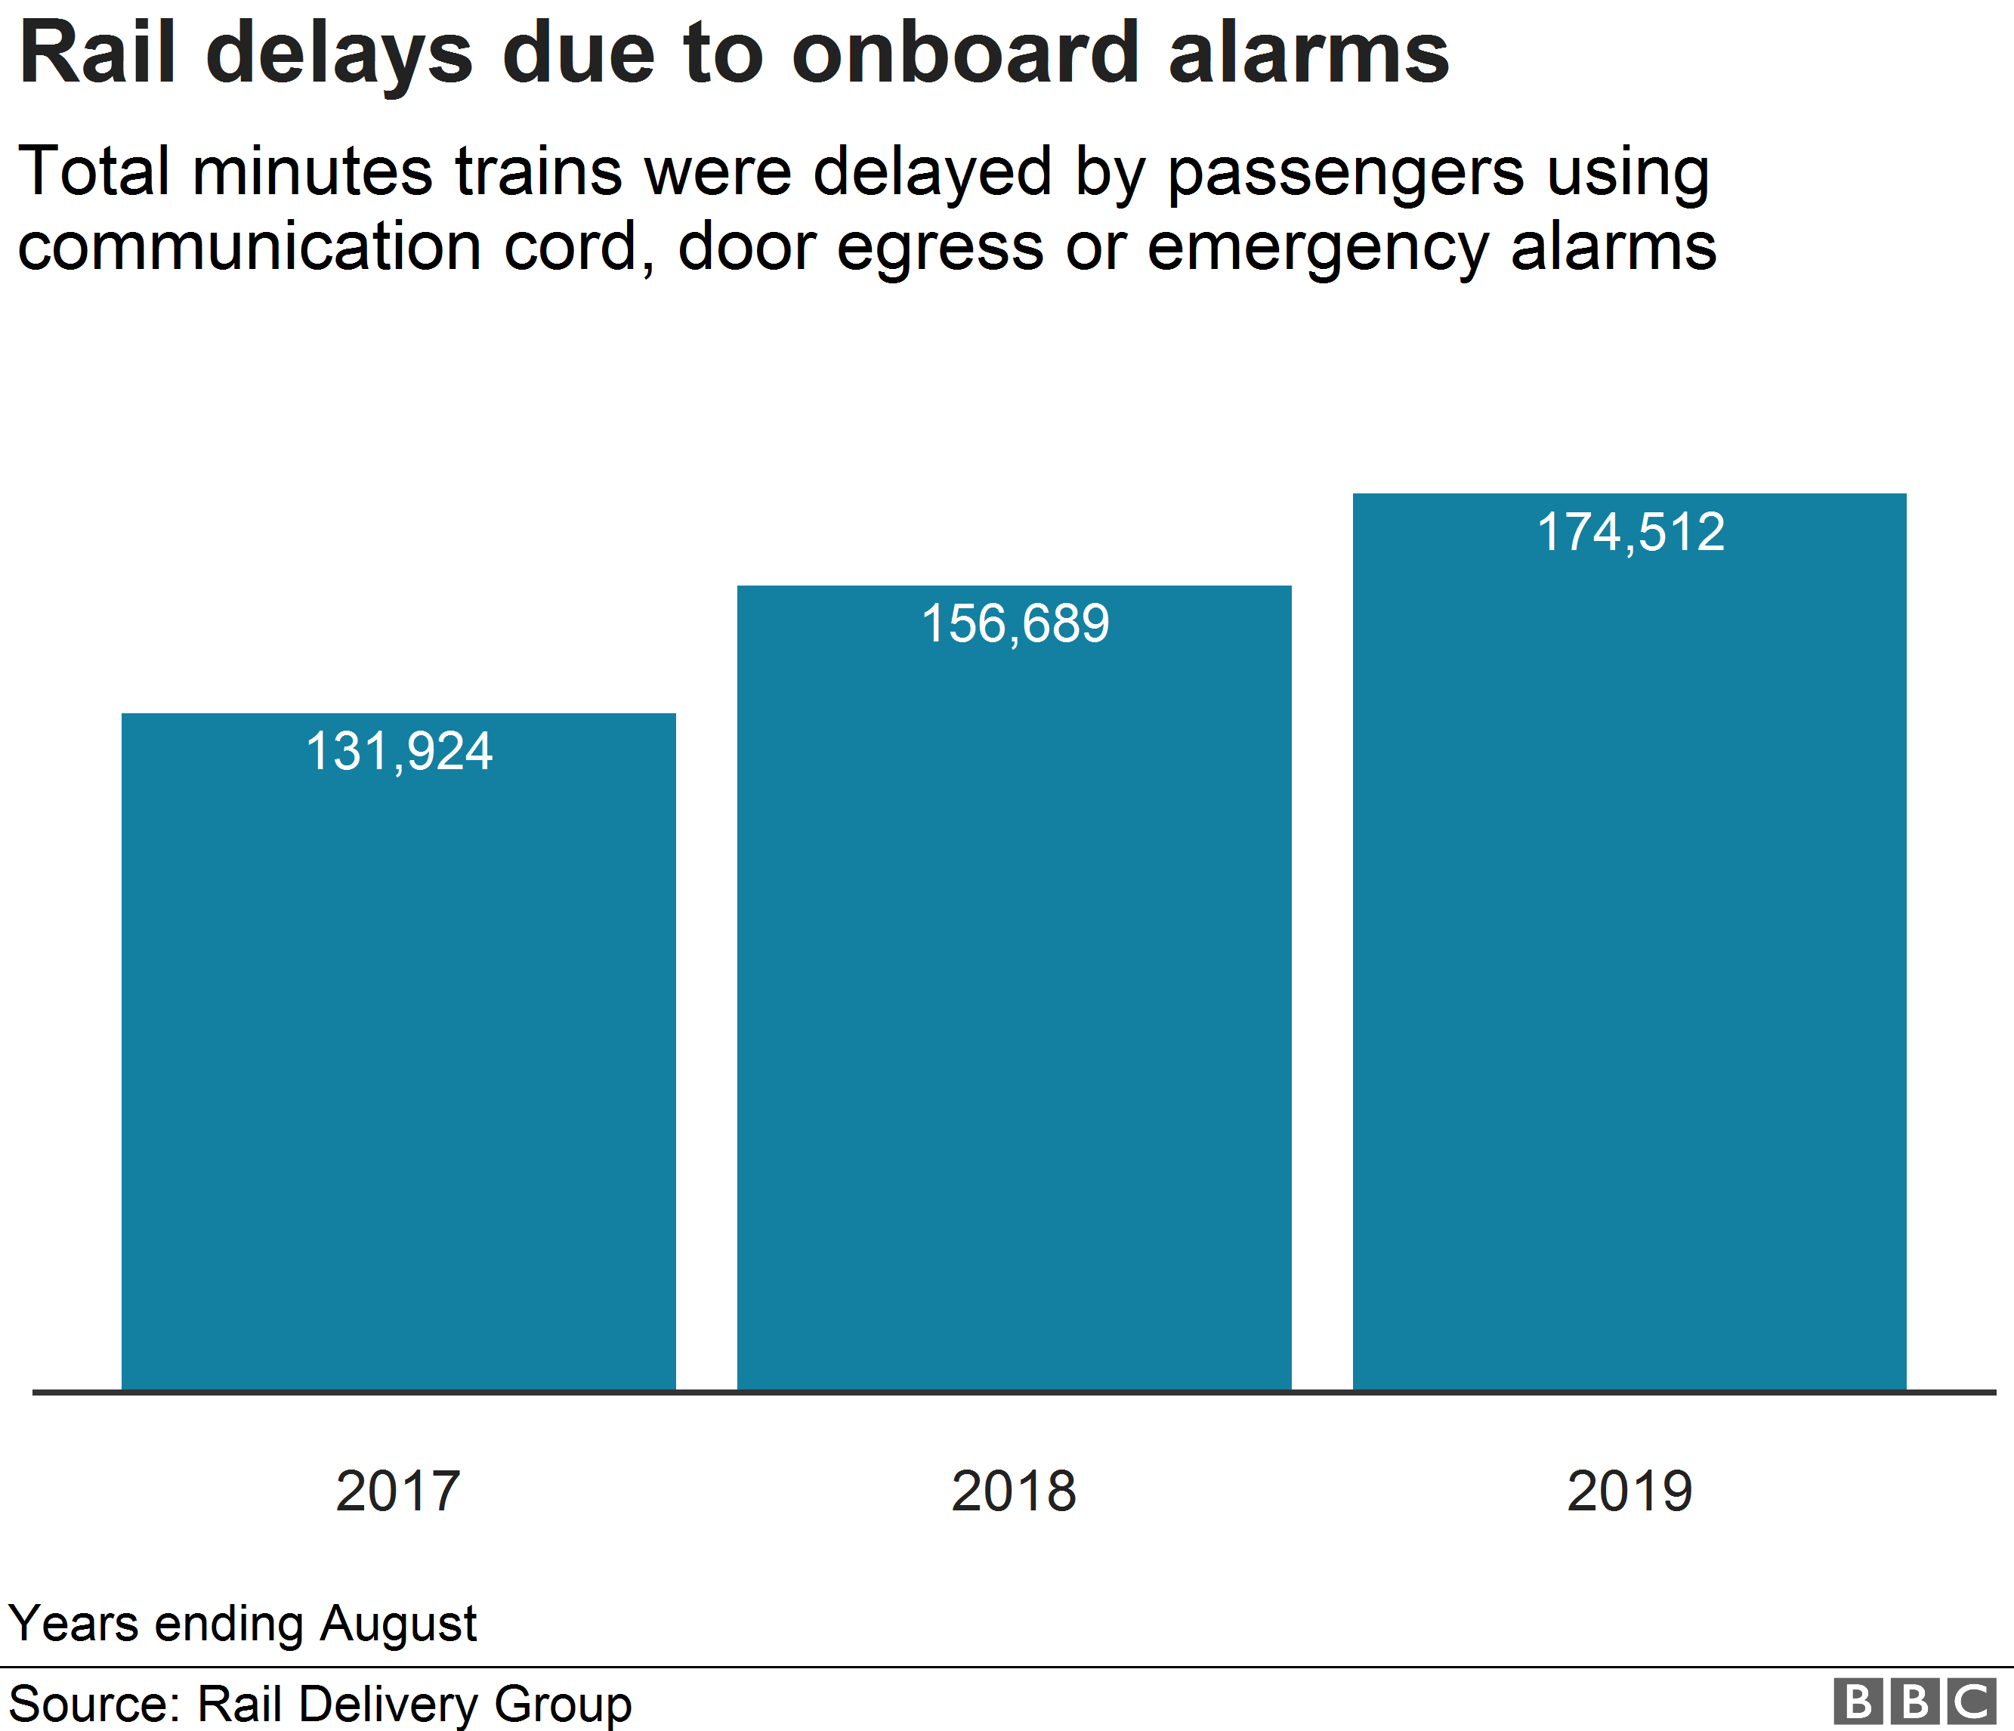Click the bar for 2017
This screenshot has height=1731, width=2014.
[x=399, y=1069]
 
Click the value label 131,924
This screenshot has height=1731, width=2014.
[x=399, y=751]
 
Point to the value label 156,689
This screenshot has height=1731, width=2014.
[x=1014, y=623]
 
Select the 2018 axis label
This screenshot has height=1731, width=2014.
[x=1014, y=1490]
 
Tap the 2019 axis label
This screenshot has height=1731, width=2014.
[x=1629, y=1490]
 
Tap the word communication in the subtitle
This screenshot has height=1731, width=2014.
[x=250, y=247]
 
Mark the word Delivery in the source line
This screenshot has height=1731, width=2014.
[x=388, y=1705]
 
